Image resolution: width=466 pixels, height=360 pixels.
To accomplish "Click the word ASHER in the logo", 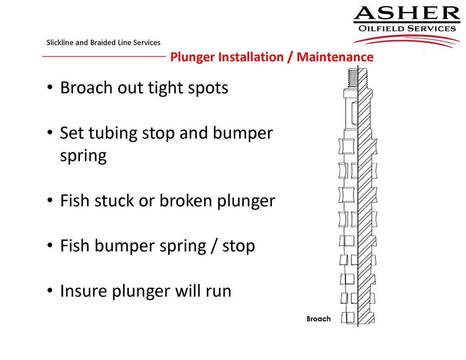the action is [407, 13].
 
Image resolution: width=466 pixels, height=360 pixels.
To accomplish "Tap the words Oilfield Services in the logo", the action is [407, 28].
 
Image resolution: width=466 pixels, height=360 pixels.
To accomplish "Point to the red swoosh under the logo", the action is [406, 40].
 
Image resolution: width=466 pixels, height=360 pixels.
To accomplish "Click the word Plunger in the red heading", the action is [192, 57].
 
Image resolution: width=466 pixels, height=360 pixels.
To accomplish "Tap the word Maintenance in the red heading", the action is [335, 57].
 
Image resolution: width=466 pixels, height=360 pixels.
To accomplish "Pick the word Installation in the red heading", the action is [251, 57].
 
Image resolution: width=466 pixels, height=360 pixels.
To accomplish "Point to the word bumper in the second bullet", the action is [242, 134].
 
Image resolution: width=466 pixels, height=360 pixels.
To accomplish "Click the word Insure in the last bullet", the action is [84, 291].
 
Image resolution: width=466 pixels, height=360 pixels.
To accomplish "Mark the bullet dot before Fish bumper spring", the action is [50, 246].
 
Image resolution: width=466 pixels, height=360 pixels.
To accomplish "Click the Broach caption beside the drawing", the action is [318, 319].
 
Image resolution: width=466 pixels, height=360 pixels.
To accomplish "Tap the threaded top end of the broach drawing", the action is [358, 78].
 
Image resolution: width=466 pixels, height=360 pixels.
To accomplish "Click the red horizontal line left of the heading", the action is [104, 56].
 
